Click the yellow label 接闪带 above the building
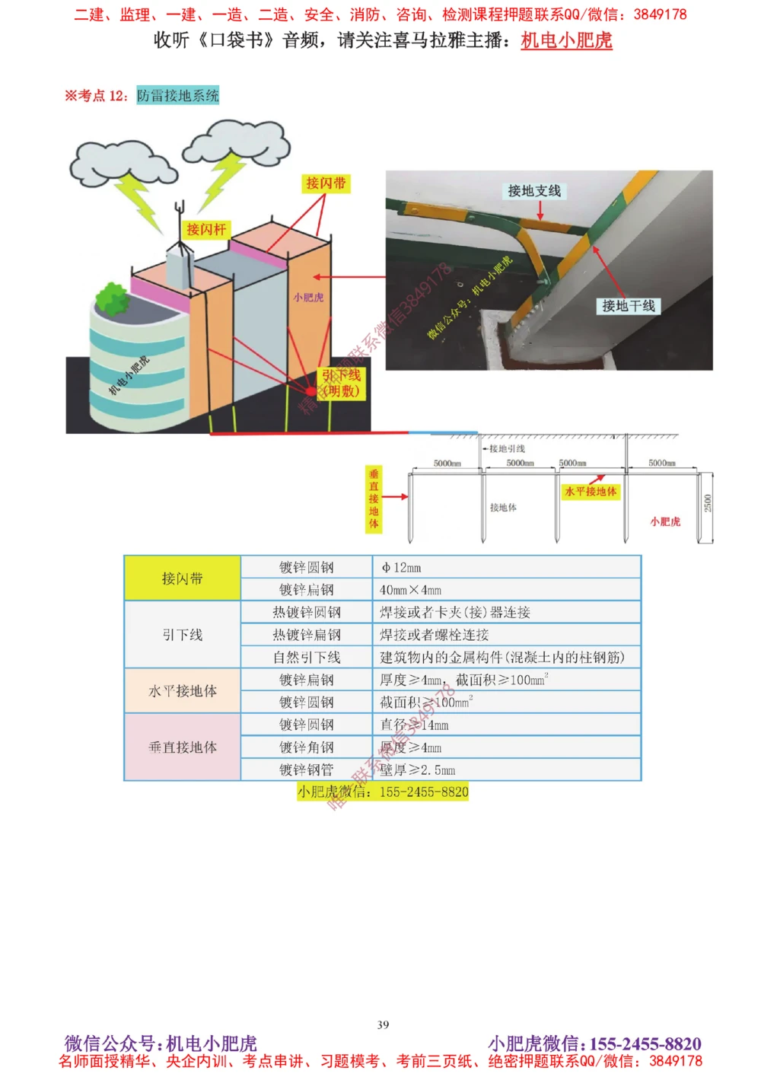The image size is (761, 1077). pos(326,183)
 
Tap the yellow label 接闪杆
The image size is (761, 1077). pos(206,229)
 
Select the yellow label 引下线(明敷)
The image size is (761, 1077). pos(341,383)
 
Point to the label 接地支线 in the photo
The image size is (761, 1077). pos(534,191)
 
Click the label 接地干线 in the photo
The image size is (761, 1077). pos(628,306)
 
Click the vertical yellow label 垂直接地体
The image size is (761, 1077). pos(374,499)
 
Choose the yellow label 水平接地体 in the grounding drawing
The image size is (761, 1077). pos(591,492)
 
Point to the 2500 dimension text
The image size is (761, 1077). pos(708,503)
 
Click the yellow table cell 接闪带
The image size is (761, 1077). pos(183,578)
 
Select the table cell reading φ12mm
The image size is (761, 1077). pos(401,568)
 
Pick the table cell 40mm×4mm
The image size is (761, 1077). pos(410,590)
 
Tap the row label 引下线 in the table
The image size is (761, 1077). pos(183,635)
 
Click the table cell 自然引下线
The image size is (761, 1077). pos(307,657)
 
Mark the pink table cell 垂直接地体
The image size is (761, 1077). pos(183,747)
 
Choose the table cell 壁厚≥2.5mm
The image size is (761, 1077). pos(418,770)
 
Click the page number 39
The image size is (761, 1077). pos(383,1024)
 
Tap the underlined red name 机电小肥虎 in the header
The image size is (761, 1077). pos(566,40)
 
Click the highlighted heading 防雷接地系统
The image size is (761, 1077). pos(178,95)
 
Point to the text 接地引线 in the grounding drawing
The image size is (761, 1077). pos(507,448)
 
